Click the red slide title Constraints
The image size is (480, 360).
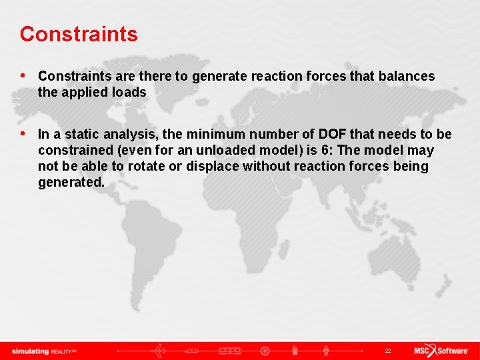point(79,34)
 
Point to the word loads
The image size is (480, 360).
point(129,93)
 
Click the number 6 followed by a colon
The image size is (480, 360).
point(327,150)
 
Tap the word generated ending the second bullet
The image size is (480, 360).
point(71,182)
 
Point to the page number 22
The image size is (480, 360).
point(387,351)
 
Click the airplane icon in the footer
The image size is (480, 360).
point(161,351)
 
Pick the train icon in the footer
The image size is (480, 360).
point(230,351)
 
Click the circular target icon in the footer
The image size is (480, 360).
point(265,351)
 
